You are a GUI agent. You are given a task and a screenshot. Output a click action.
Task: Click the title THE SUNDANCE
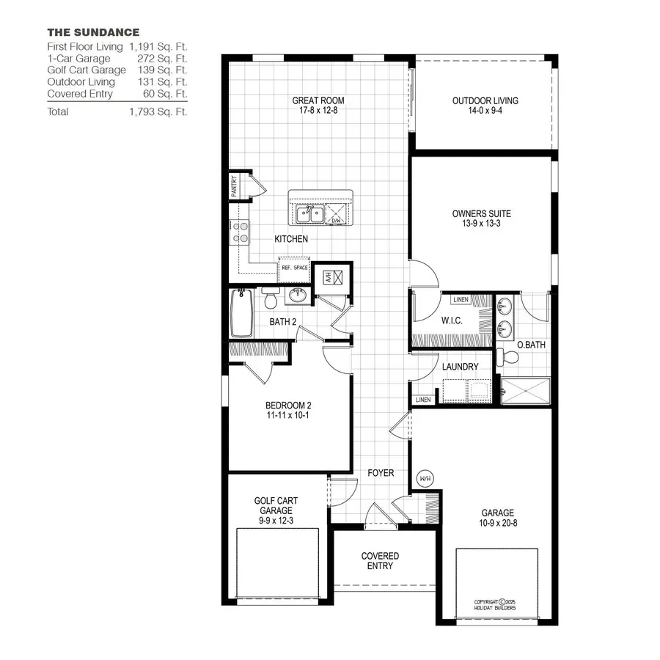click(x=93, y=32)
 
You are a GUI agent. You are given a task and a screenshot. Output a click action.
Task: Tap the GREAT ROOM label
click(x=318, y=100)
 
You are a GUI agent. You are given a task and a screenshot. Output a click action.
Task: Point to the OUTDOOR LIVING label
click(x=485, y=100)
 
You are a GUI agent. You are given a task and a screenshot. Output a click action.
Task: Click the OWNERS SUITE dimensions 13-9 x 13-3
click(x=481, y=224)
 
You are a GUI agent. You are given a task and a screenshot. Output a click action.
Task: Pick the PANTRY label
click(x=234, y=186)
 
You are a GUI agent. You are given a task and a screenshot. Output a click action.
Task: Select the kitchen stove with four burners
click(x=240, y=232)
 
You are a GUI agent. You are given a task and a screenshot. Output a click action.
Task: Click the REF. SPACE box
click(x=295, y=268)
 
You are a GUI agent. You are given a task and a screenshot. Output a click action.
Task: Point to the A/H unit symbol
click(x=329, y=276)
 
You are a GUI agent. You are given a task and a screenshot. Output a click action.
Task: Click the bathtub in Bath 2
click(x=241, y=313)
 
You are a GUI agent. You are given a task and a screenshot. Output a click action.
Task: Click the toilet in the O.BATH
click(x=508, y=357)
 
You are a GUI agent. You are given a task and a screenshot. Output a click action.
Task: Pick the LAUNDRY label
click(x=460, y=367)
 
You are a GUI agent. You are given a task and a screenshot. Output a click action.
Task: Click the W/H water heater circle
click(x=425, y=478)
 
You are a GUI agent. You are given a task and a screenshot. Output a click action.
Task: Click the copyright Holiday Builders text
click(x=495, y=605)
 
